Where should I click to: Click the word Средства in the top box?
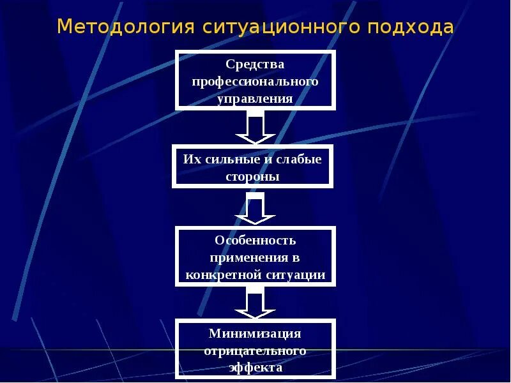point(255,65)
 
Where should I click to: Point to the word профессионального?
point(255,82)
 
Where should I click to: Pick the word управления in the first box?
point(255,99)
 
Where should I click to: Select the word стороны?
point(253,176)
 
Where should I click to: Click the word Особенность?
point(255,241)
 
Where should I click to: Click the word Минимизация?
point(255,334)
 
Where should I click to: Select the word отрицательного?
point(255,351)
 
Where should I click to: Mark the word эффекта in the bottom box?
point(255,368)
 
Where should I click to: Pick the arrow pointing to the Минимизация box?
point(255,303)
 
